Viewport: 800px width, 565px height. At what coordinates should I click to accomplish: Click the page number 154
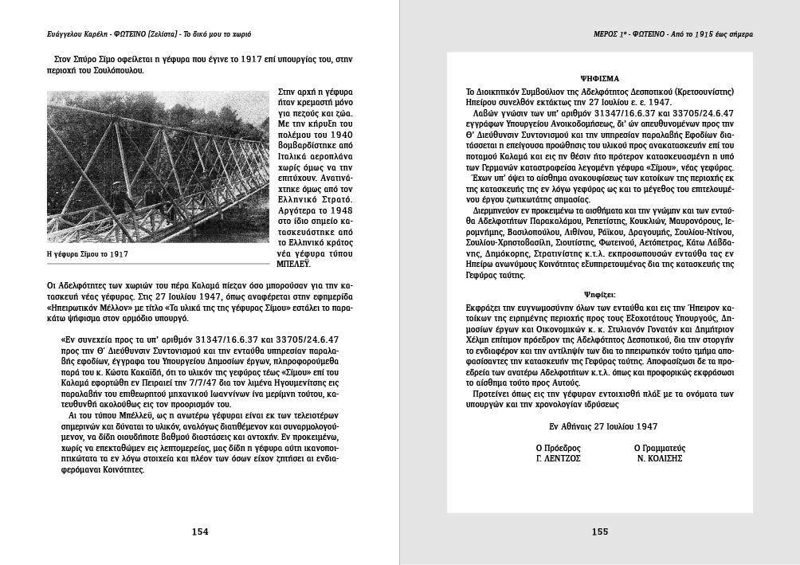(200, 532)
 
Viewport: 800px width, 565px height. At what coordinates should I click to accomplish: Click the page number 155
(600, 532)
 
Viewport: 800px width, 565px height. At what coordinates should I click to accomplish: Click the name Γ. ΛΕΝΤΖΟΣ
(558, 460)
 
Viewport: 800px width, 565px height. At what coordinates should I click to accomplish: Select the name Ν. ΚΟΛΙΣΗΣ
(659, 460)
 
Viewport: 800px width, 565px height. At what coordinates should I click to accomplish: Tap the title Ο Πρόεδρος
(558, 448)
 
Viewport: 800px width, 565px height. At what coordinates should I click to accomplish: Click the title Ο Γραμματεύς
(659, 448)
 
